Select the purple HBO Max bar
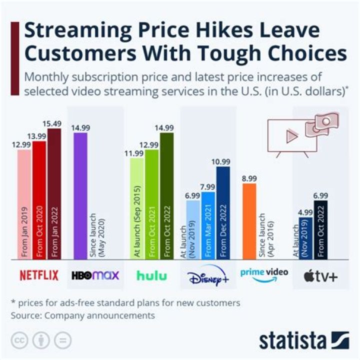point(80,195)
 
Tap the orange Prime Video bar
point(249,220)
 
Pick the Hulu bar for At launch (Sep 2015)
point(136,208)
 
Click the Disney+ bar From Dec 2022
point(222,212)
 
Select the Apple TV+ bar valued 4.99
point(305,237)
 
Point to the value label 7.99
point(207,187)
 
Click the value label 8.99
point(249,178)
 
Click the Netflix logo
point(39,275)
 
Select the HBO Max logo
point(95,275)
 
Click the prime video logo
point(263,274)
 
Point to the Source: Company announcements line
point(83,315)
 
